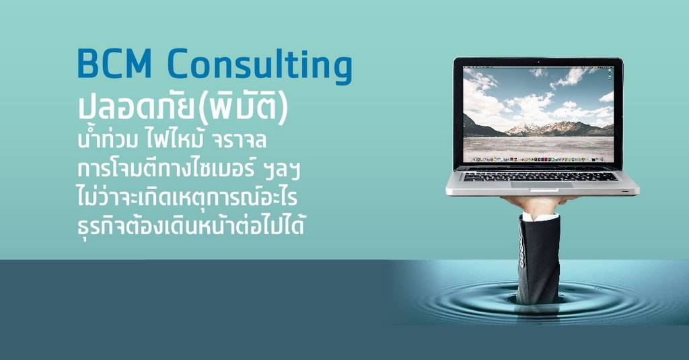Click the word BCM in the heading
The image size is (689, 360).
tap(115, 63)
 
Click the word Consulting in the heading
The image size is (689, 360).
tap(260, 66)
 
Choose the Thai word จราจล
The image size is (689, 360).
tap(239, 141)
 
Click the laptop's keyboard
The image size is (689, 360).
tap(541, 176)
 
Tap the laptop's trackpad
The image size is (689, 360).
tap(542, 185)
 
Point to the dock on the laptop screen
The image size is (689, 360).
tap(538, 159)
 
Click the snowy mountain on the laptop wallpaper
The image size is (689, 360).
tap(523, 129)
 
